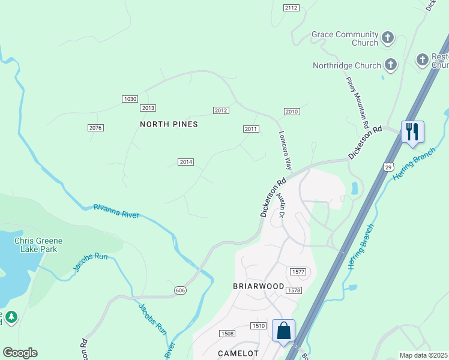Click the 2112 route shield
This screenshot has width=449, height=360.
(x=291, y=7)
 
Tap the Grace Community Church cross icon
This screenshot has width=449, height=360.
(x=388, y=38)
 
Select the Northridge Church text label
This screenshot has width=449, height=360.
(x=346, y=65)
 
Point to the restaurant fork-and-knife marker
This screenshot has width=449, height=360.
(x=412, y=131)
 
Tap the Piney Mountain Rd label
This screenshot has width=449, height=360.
(x=357, y=102)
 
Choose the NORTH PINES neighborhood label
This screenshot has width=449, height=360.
(x=169, y=124)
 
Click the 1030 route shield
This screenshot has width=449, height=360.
(x=130, y=99)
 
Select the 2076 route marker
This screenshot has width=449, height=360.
(x=95, y=128)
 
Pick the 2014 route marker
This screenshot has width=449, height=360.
(x=186, y=162)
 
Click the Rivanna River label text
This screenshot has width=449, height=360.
(x=116, y=211)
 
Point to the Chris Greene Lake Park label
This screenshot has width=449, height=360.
(x=38, y=245)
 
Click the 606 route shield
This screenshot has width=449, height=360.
(x=180, y=290)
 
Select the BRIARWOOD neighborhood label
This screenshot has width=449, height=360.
(x=258, y=286)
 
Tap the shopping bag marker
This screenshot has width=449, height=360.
(x=283, y=331)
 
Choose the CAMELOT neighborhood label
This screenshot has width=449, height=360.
(x=238, y=353)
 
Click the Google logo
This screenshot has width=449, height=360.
(x=20, y=353)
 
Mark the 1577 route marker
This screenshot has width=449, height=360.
(x=298, y=272)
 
